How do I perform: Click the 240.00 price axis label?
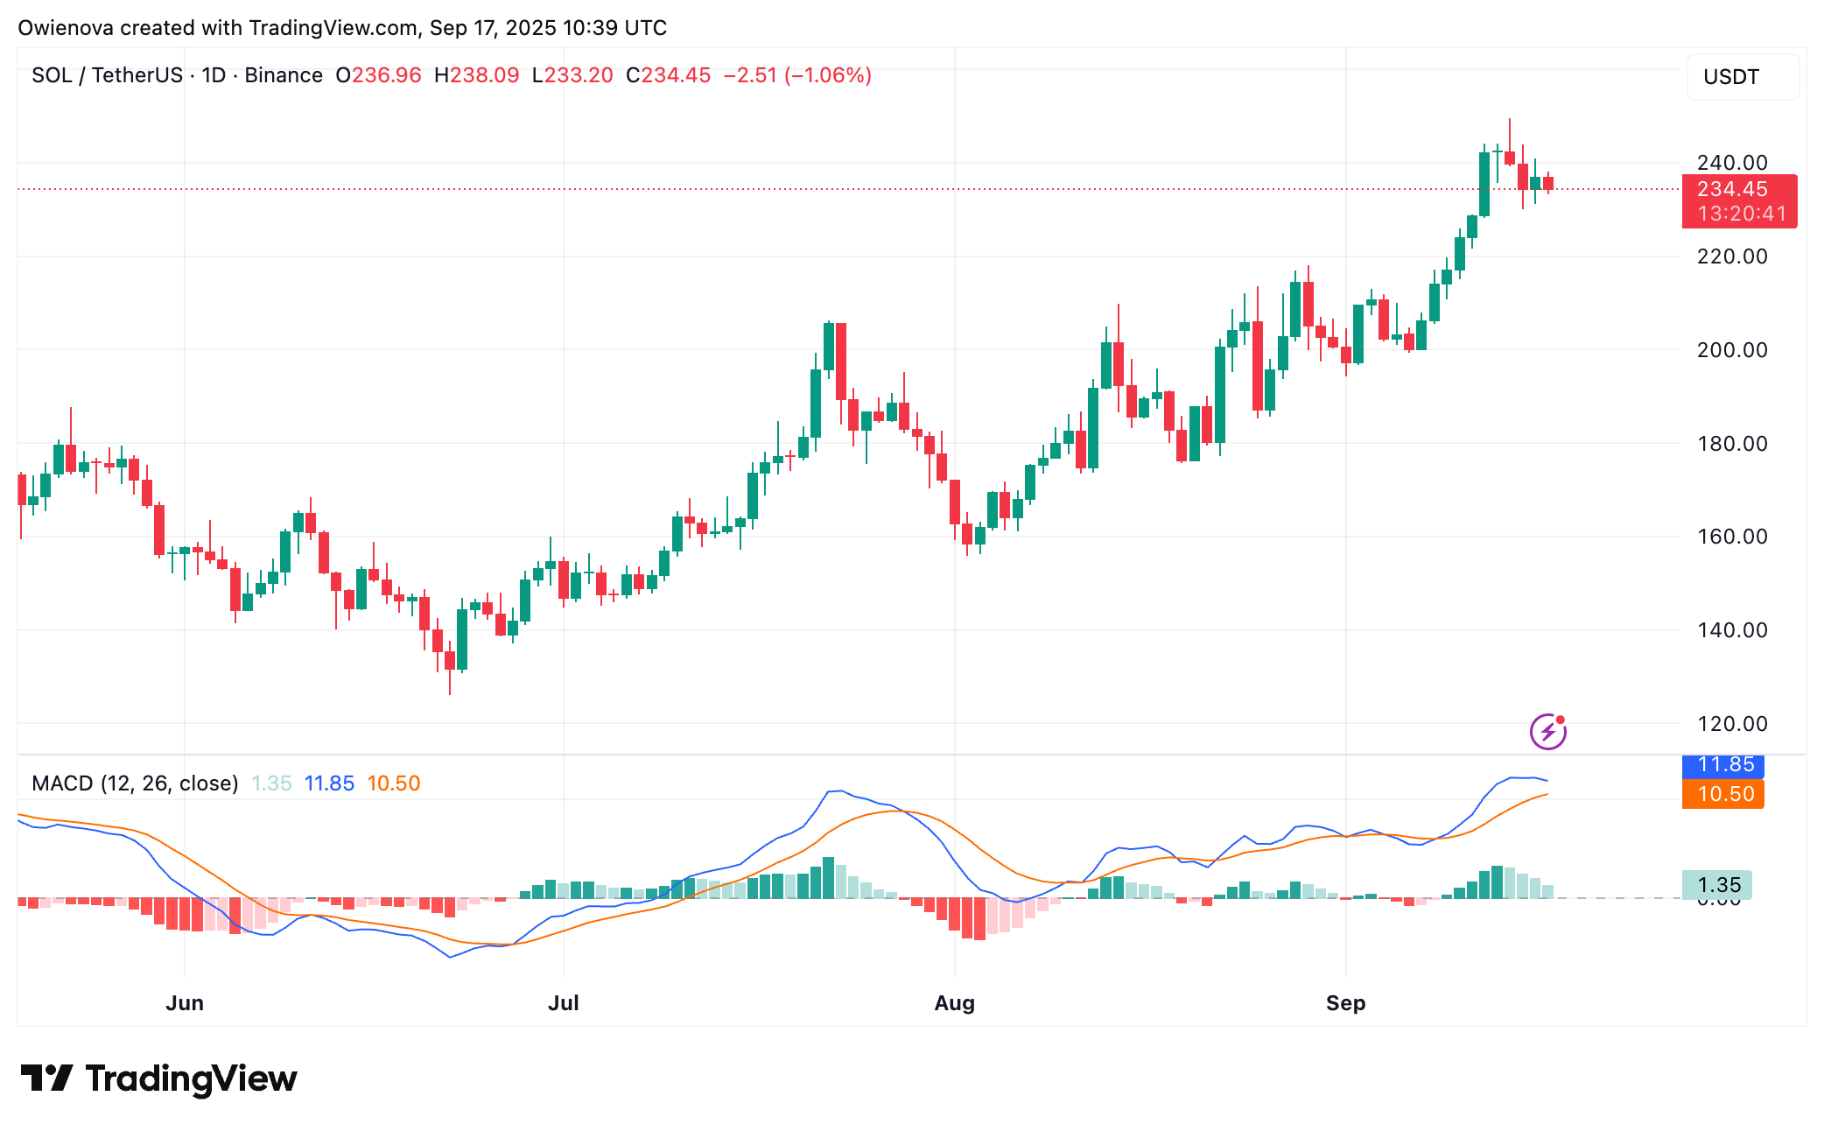1731,163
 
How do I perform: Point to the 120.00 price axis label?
1731,724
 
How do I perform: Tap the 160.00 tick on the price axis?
1731,537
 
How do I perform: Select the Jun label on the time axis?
185,1003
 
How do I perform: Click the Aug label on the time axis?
954,1003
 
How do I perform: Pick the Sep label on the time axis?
1345,1003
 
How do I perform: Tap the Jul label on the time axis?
564,1003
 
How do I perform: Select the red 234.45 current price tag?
1738,201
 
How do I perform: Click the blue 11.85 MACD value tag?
1722,765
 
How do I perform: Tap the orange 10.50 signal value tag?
1722,794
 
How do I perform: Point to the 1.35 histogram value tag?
1717,885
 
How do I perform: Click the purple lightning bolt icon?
1547,731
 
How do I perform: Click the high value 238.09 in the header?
485,75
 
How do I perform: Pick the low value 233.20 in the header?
579,75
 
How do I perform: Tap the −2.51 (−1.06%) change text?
796,75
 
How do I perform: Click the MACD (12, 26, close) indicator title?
135,783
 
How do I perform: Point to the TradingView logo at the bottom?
158,1078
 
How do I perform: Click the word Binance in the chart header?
284,75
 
